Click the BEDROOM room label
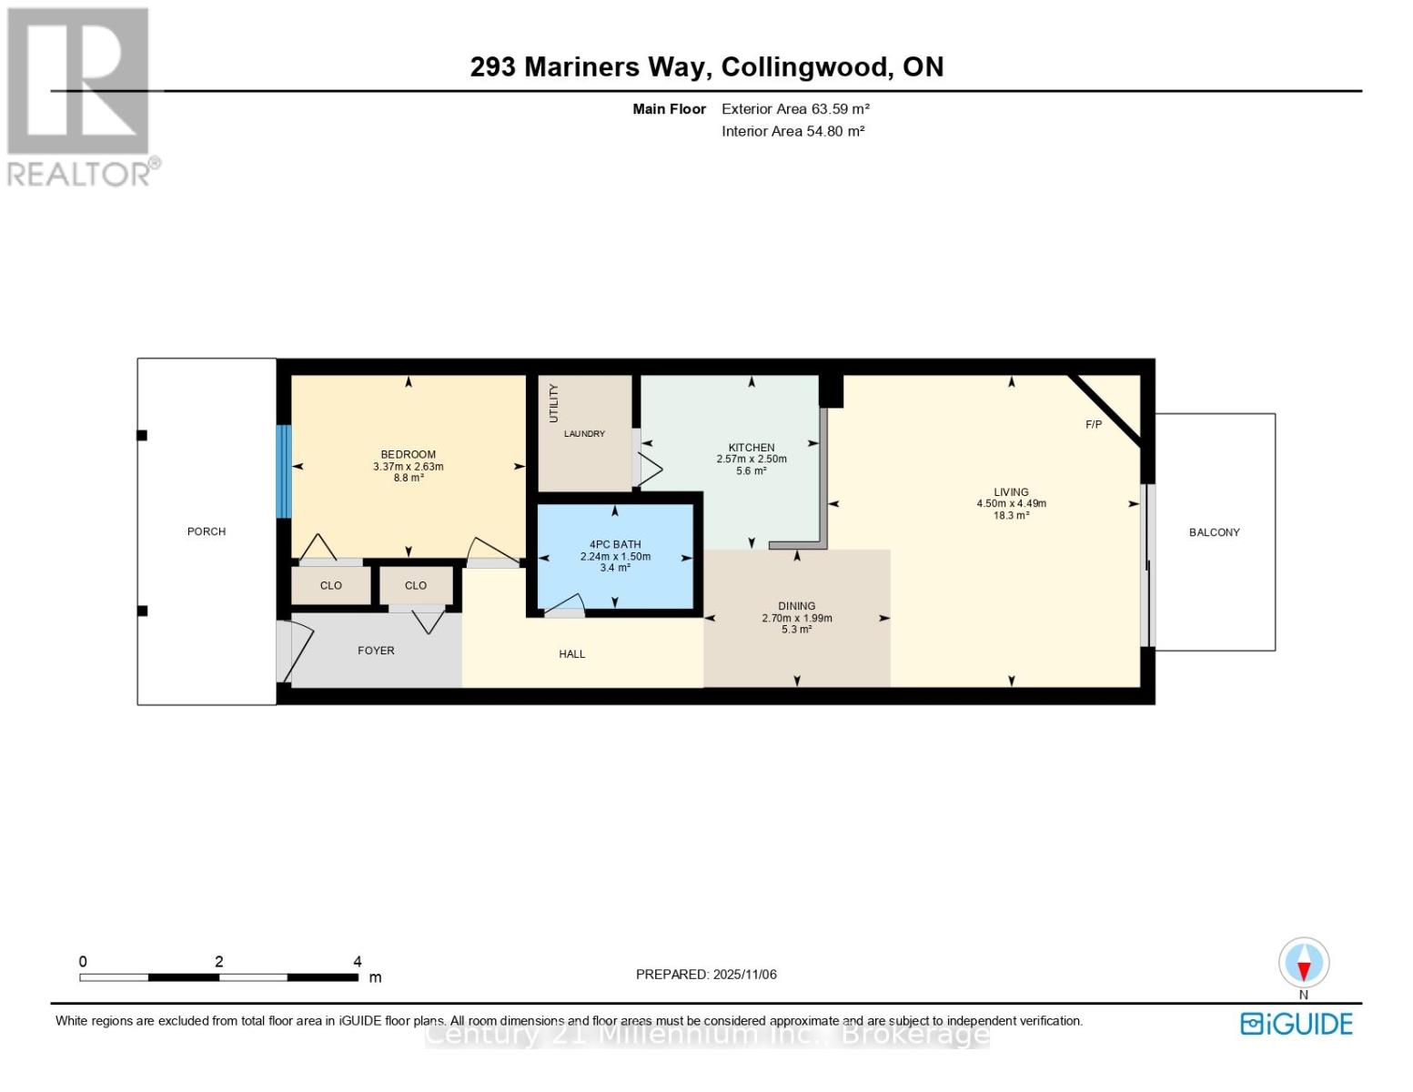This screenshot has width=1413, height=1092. (x=408, y=454)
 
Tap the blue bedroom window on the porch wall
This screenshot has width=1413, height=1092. (x=283, y=471)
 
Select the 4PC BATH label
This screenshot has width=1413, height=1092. (x=615, y=544)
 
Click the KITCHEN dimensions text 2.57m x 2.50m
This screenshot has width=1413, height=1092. (x=751, y=460)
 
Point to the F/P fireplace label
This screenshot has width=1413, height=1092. (x=1094, y=425)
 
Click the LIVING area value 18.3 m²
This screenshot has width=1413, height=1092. (x=1011, y=516)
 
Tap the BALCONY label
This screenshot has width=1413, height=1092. (x=1214, y=532)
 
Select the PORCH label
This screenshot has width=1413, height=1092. (x=207, y=531)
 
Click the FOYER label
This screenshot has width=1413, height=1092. (x=376, y=651)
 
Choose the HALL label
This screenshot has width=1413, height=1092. (x=572, y=654)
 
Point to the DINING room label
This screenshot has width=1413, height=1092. (x=796, y=606)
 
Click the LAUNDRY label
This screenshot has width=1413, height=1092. (x=584, y=434)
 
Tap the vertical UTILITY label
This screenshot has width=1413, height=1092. (x=553, y=403)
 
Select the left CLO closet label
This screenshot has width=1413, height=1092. (x=331, y=586)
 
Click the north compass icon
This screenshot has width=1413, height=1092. (x=1304, y=963)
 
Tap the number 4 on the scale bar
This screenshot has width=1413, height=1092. (x=358, y=962)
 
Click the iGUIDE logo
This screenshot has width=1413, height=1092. (x=1297, y=1024)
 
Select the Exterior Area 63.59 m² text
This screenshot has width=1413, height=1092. (x=795, y=109)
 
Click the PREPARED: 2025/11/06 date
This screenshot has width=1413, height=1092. (x=706, y=975)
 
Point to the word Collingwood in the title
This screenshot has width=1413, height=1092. (x=805, y=67)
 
